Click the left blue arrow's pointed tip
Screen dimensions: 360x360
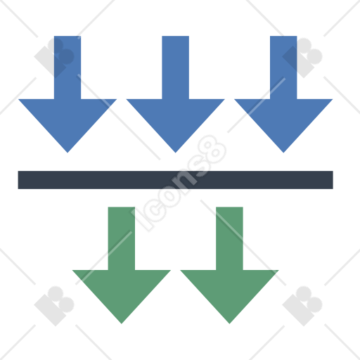point(67,153)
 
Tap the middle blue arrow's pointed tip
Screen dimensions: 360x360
point(176,153)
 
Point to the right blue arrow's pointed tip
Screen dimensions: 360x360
point(283,153)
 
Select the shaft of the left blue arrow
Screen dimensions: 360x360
point(67,67)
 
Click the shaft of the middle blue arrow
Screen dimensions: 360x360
point(176,67)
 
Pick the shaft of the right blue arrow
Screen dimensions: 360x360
point(283,67)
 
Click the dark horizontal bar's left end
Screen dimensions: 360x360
point(18,180)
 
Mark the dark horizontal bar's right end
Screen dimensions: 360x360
point(333,180)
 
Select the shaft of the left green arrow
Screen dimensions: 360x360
point(122,238)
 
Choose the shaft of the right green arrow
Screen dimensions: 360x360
point(229,238)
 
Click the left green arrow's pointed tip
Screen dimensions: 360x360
point(122,323)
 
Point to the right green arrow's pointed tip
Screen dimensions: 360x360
point(229,323)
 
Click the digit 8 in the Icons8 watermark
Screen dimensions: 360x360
point(212,149)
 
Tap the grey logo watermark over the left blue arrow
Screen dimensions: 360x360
point(54,58)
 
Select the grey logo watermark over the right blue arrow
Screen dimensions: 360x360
point(302,58)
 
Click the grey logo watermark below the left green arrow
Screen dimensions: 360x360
point(54,306)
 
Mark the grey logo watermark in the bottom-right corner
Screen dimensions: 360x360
point(302,306)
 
